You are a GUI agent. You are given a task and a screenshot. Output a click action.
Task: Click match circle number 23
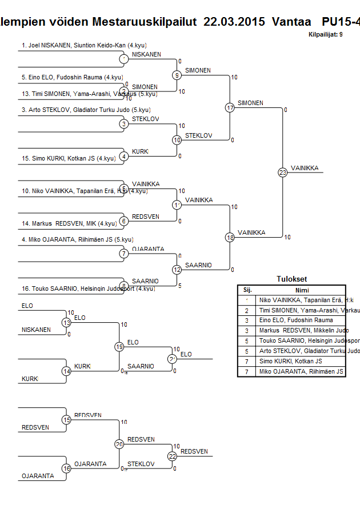click(x=282, y=172)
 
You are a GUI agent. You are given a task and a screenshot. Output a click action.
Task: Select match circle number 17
click(x=230, y=107)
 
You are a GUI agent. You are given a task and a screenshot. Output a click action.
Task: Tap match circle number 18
click(x=230, y=237)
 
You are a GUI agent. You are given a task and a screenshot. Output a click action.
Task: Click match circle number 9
click(x=177, y=75)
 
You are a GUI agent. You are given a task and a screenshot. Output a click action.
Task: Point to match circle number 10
click(x=177, y=140)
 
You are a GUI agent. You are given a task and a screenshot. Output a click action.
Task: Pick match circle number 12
click(x=177, y=270)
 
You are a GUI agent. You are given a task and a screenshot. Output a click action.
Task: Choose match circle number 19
click(x=119, y=347)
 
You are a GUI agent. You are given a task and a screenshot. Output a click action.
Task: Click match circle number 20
click(x=119, y=444)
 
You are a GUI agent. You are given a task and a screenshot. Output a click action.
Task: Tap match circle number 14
click(x=66, y=371)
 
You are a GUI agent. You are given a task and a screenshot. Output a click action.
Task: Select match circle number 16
click(x=66, y=468)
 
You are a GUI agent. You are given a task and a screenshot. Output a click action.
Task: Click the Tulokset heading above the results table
click(x=291, y=279)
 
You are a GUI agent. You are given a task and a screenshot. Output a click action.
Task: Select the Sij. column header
click(x=247, y=290)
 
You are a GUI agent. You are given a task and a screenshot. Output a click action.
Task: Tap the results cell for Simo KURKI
click(x=290, y=362)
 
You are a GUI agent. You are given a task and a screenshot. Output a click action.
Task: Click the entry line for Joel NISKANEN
click(x=80, y=45)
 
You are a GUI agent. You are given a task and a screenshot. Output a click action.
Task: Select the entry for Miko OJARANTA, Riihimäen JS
click(x=77, y=239)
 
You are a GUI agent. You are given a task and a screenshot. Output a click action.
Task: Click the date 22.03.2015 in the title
click(x=234, y=22)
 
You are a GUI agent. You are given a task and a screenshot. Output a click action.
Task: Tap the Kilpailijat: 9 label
click(x=325, y=34)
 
